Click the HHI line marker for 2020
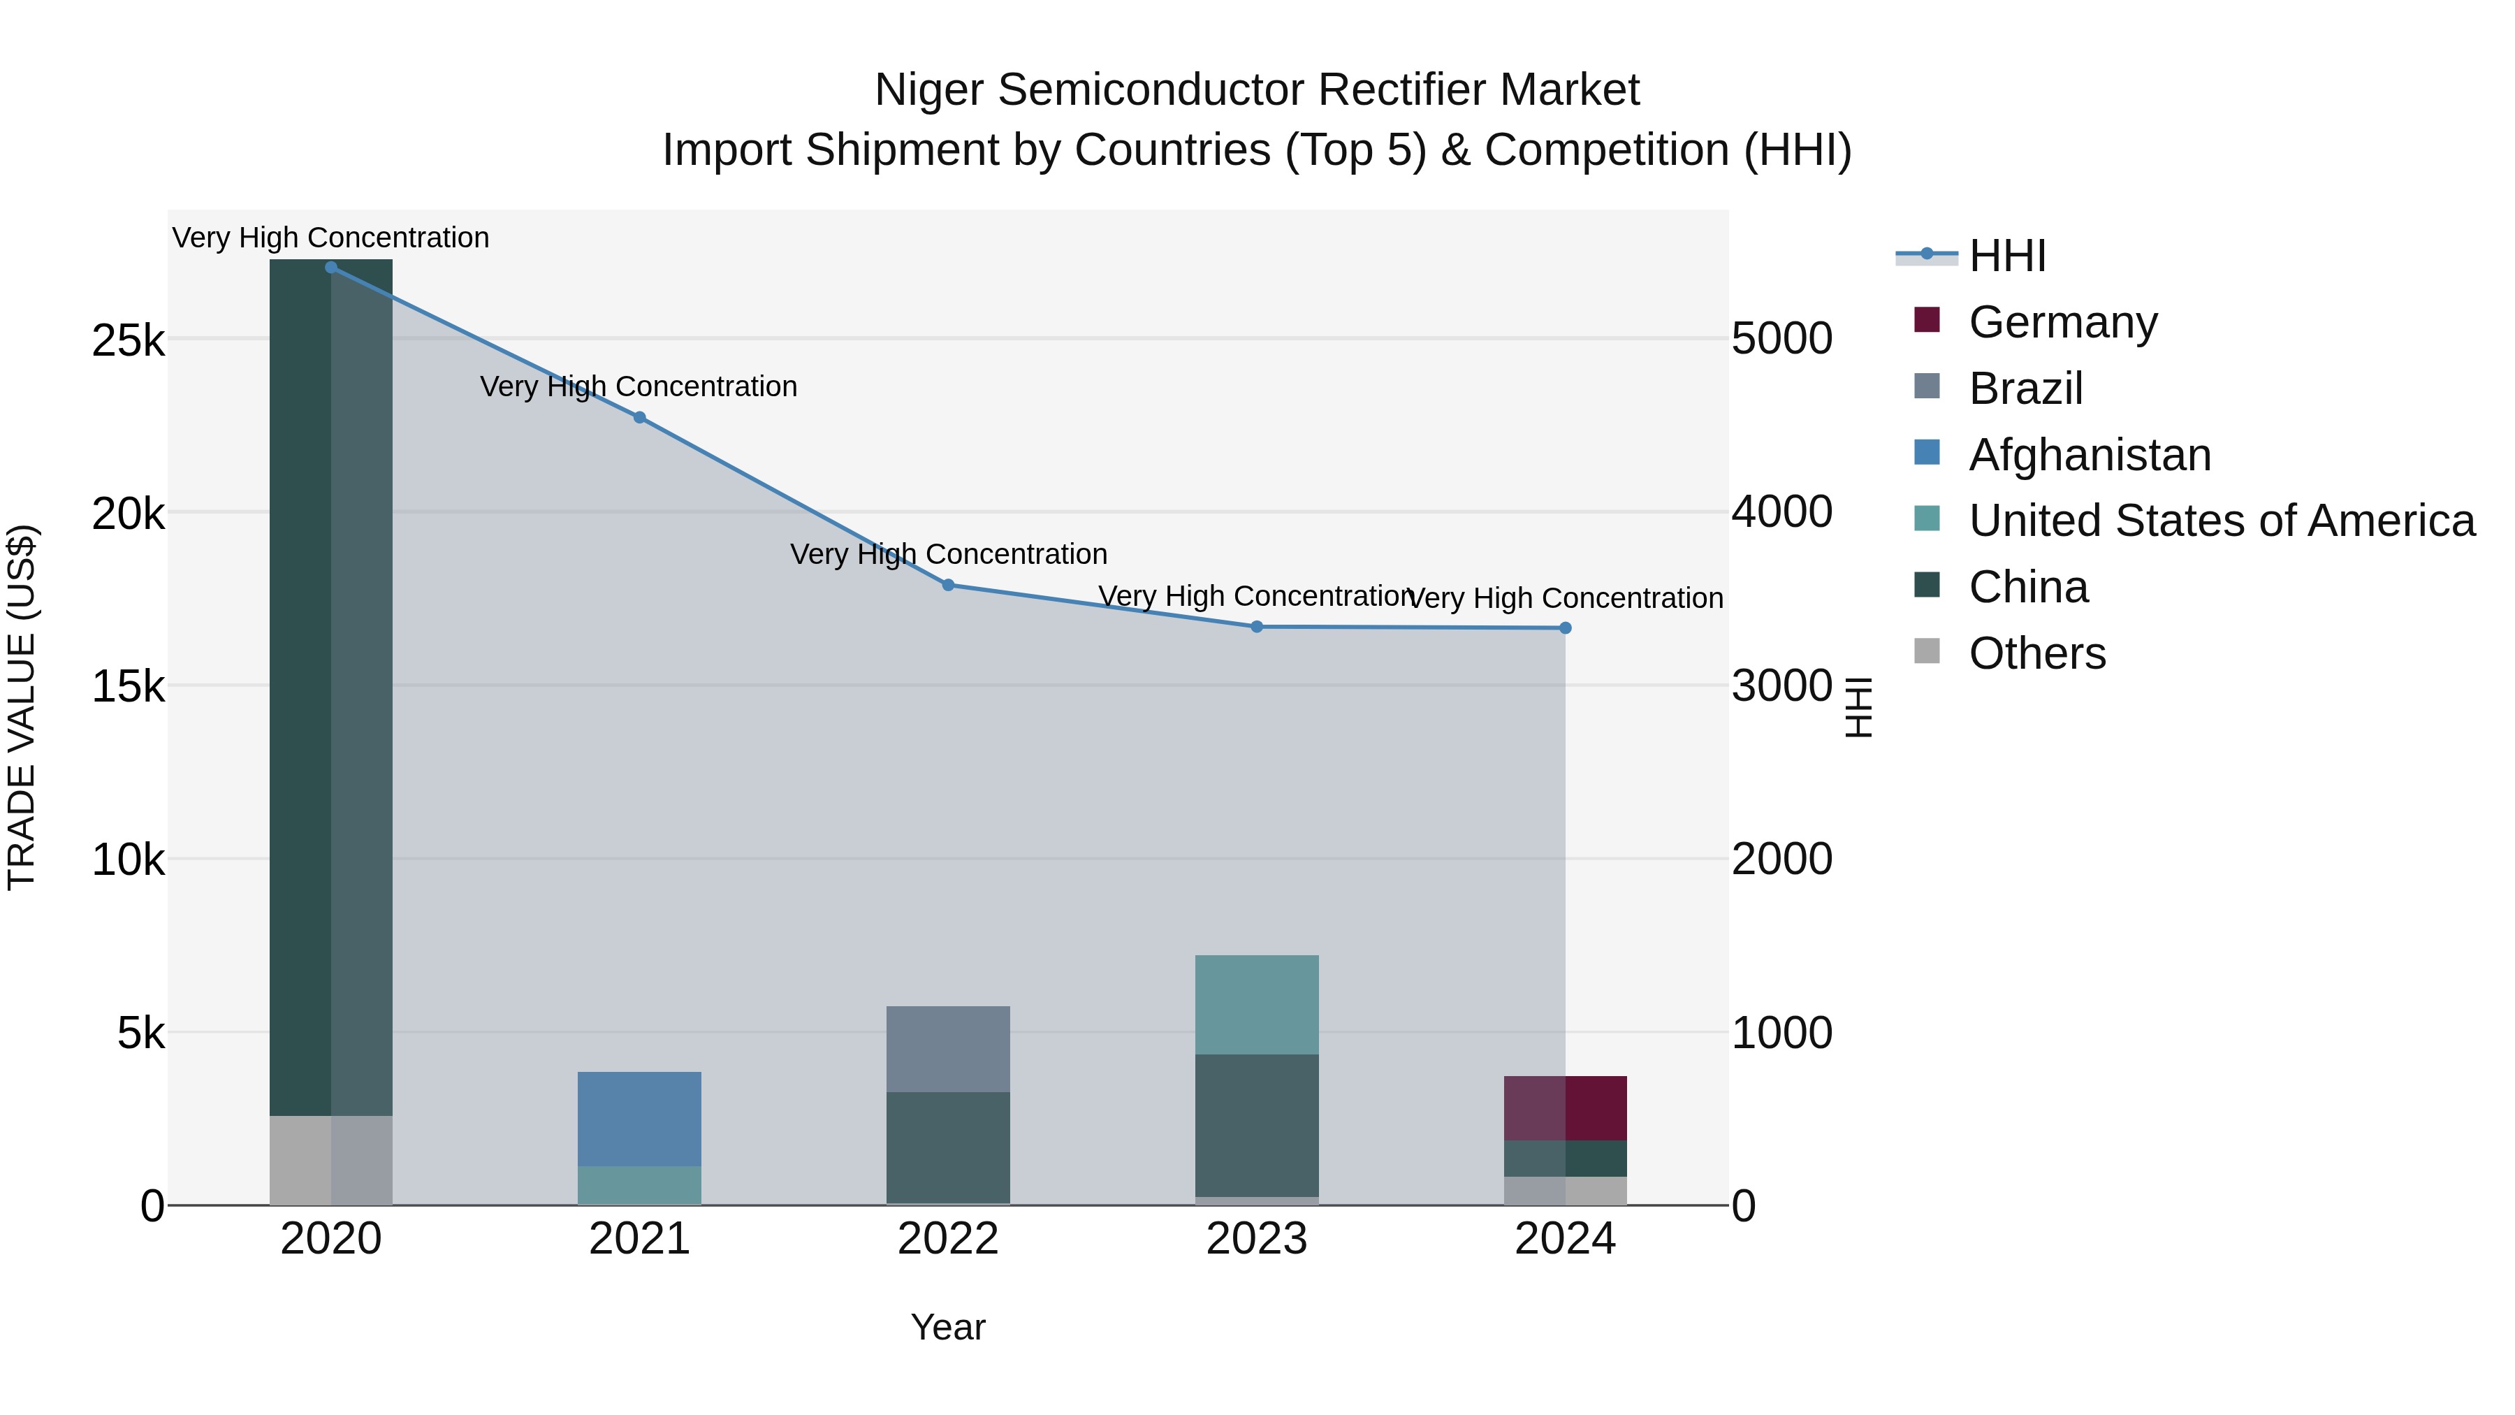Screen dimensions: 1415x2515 click(x=331, y=268)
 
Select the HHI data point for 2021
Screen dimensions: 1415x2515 click(x=639, y=418)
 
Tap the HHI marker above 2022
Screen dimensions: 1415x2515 click(x=948, y=585)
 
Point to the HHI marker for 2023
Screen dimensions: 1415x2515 click(x=1257, y=627)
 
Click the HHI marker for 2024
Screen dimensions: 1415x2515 click(x=1565, y=628)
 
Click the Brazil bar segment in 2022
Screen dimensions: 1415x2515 click(x=948, y=1049)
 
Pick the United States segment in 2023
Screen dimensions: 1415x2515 click(x=1257, y=1005)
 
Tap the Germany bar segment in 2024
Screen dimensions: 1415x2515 click(x=1565, y=1108)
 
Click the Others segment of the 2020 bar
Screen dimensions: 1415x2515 click(x=331, y=1160)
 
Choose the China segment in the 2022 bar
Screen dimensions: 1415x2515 click(x=948, y=1147)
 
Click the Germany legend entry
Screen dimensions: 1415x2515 click(x=2062, y=322)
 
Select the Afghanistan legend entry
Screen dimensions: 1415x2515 click(x=2090, y=455)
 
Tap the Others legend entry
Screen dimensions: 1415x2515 click(x=2036, y=653)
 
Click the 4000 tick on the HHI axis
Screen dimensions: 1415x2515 click(x=1781, y=513)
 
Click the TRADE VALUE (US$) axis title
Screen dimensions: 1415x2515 click(x=22, y=707)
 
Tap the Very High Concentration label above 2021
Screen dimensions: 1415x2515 click(x=639, y=386)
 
